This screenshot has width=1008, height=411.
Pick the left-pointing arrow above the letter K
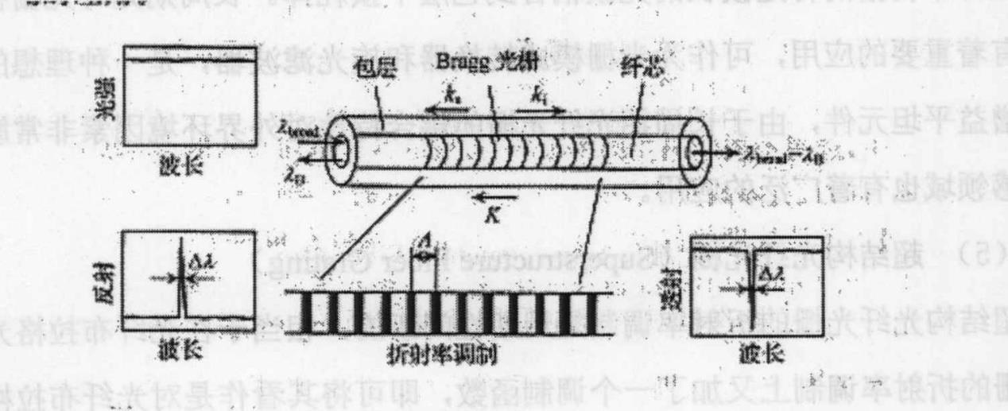coord(494,194)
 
